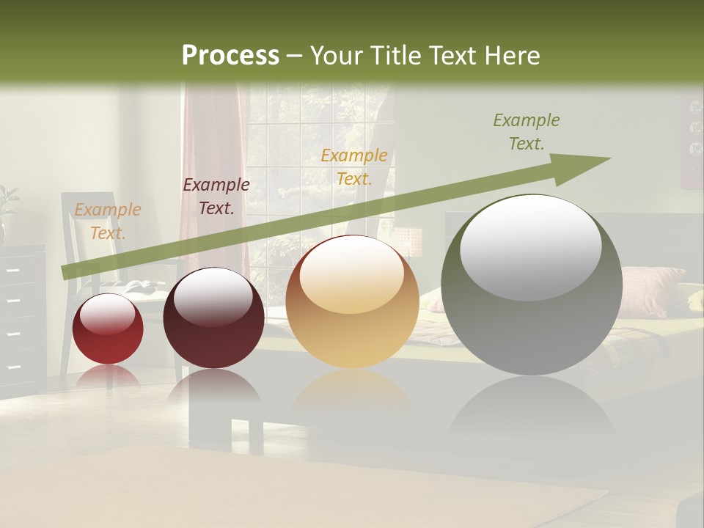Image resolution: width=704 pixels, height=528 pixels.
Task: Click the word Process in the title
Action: point(230,56)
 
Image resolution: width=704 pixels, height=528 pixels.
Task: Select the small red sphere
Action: point(108,329)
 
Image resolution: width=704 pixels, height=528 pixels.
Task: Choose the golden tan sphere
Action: point(352,302)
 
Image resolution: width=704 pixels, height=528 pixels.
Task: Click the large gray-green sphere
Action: point(532,285)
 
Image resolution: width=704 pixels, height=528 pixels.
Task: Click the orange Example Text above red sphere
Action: point(107,221)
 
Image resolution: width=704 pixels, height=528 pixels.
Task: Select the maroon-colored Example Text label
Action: point(216,197)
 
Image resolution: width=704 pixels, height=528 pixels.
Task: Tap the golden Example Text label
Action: point(353,166)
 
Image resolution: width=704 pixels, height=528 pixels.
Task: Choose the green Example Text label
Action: point(526,132)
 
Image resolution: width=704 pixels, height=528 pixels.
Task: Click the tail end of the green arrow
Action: point(66,272)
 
